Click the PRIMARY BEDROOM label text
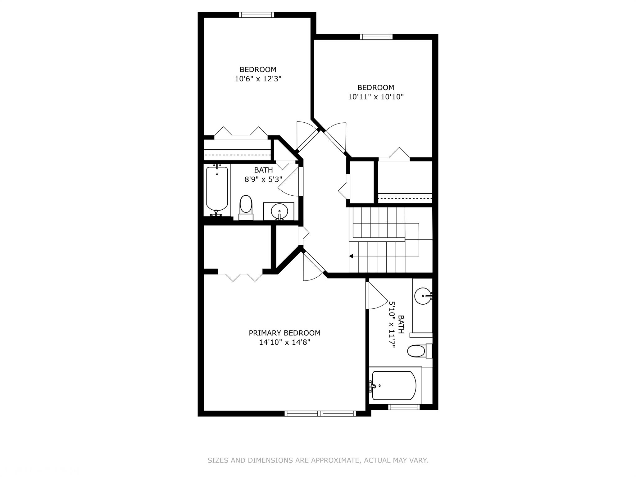[x=284, y=333]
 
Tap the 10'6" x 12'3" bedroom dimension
[x=258, y=79]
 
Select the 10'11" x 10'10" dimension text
[x=376, y=97]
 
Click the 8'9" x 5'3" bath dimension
[x=263, y=179]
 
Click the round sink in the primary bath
[x=423, y=296]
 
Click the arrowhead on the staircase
[x=351, y=256]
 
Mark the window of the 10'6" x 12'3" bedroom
[x=257, y=15]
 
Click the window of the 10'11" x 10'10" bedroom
[x=376, y=37]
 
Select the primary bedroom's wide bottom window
[x=320, y=413]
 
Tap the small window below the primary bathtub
[x=404, y=407]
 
